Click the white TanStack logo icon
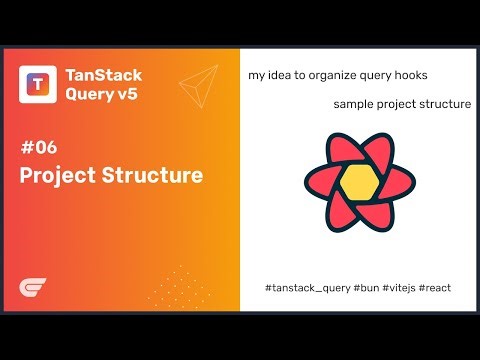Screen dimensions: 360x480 click(x=38, y=85)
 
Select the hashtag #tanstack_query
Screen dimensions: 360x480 click(x=307, y=287)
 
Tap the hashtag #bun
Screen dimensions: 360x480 click(x=365, y=287)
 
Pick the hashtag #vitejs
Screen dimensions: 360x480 click(x=399, y=287)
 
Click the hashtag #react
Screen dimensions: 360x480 click(x=435, y=287)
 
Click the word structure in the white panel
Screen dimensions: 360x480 click(x=446, y=103)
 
